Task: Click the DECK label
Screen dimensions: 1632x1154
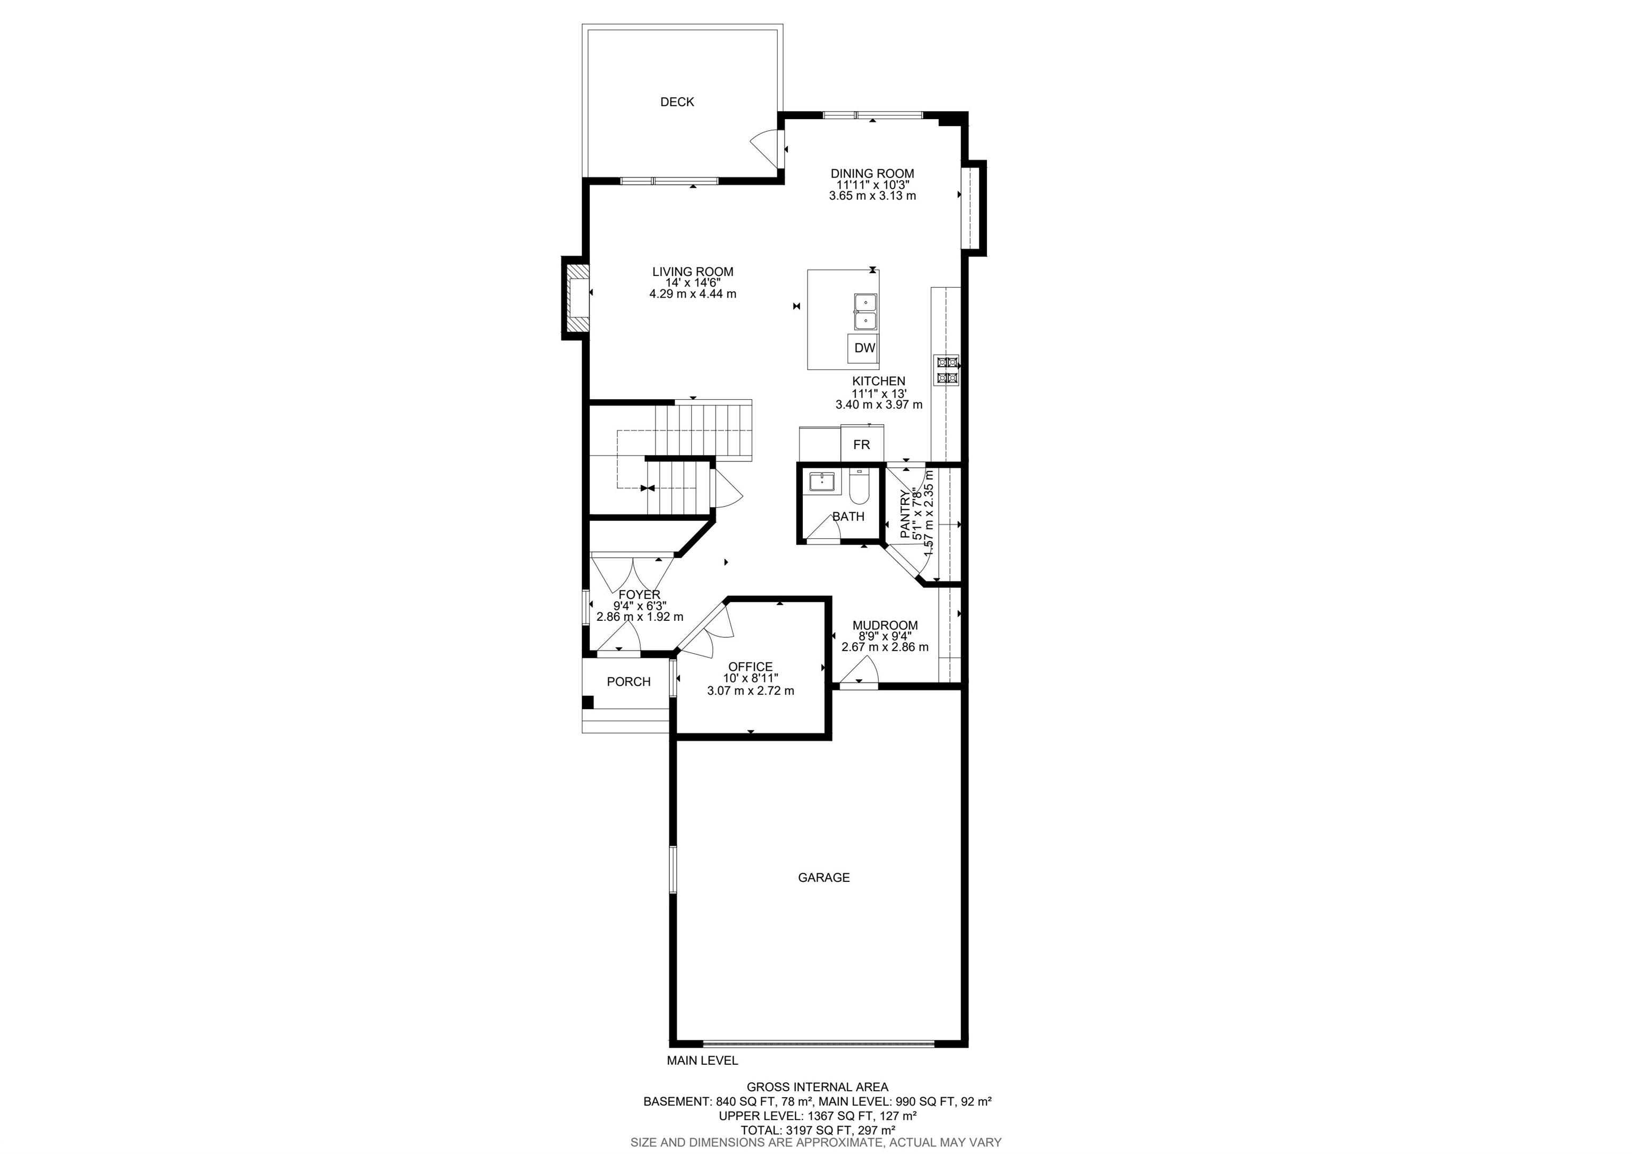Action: click(677, 102)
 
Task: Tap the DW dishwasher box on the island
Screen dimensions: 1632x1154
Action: click(864, 348)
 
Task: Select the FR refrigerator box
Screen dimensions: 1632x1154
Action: click(862, 444)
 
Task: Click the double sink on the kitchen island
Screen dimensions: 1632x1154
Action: click(865, 312)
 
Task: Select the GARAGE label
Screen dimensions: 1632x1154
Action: click(824, 878)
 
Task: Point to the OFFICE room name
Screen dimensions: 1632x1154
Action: click(751, 667)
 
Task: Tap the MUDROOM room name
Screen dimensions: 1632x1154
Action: click(885, 626)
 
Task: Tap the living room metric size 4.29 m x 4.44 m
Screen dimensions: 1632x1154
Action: click(693, 293)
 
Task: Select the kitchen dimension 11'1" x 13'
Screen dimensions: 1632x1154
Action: click(879, 393)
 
